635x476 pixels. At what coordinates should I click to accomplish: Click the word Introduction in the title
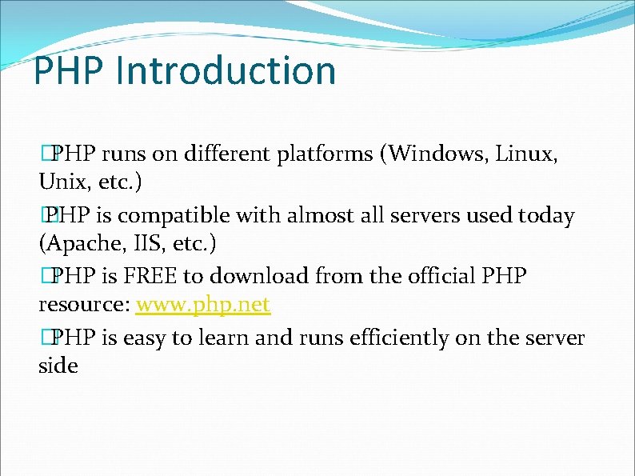coord(226,70)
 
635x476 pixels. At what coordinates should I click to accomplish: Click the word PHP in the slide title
coord(69,70)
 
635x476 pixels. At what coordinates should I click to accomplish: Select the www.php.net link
coord(203,305)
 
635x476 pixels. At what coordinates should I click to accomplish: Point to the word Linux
coord(526,154)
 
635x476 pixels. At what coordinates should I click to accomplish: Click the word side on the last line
coord(58,366)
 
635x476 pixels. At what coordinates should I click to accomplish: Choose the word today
coord(545,215)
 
